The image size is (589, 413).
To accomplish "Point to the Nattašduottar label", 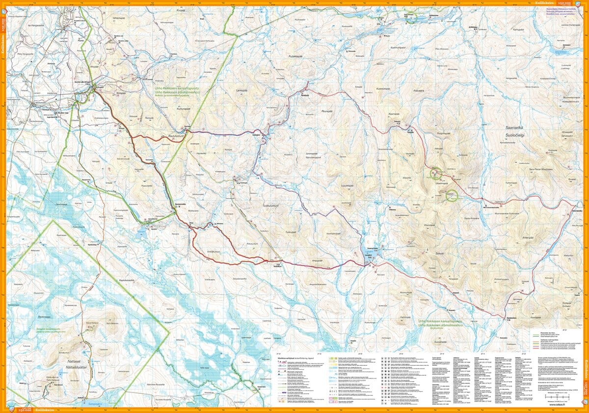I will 73,367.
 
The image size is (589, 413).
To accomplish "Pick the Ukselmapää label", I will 441,183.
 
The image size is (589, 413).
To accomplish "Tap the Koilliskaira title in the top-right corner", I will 544,2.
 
